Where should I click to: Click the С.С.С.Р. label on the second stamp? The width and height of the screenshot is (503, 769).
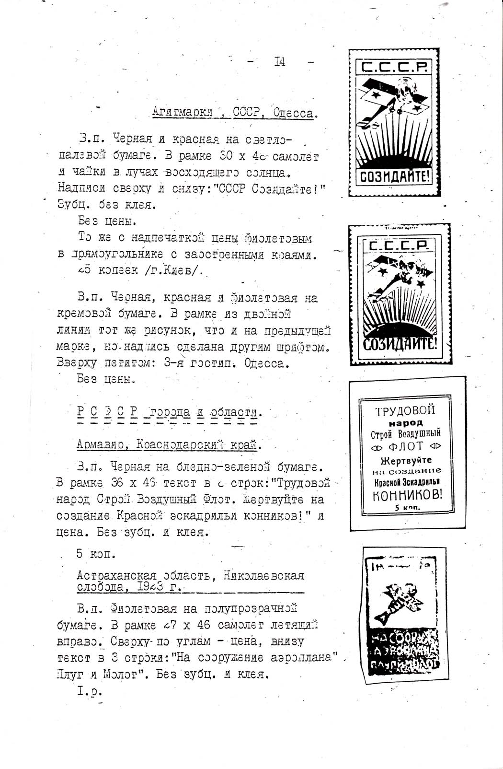(x=399, y=246)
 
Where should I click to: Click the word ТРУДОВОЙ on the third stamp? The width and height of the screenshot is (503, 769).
(x=405, y=411)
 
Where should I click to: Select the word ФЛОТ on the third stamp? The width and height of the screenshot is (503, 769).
(x=405, y=447)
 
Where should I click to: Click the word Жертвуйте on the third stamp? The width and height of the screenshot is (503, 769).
(x=406, y=461)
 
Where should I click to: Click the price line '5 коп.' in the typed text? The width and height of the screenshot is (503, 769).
(x=96, y=554)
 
